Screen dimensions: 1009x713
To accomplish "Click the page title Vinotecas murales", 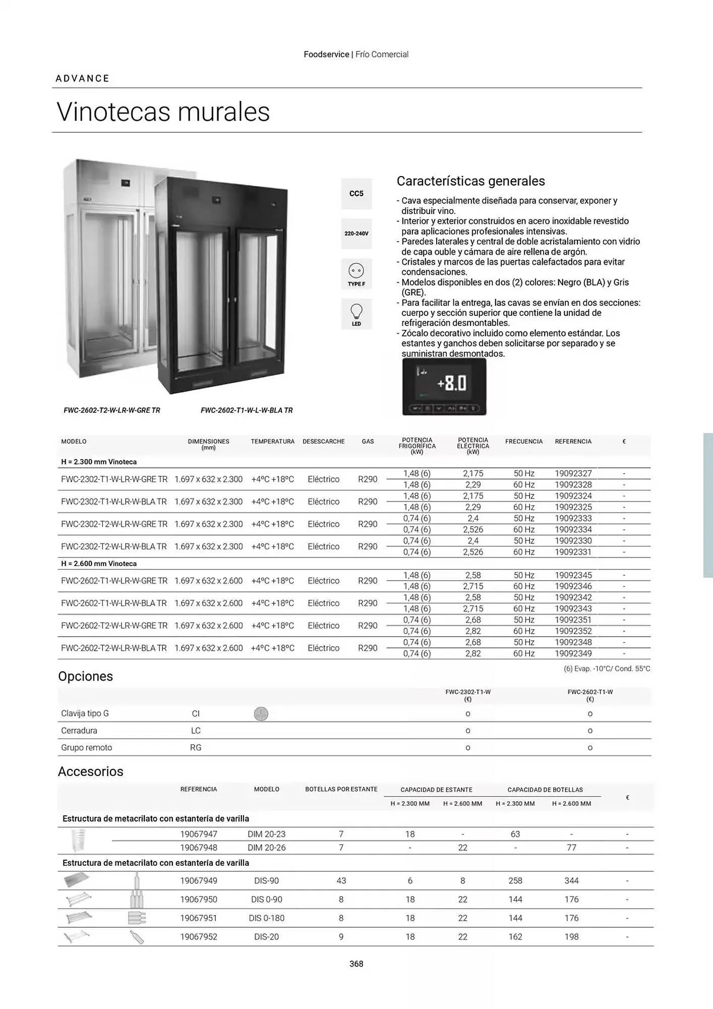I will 163,111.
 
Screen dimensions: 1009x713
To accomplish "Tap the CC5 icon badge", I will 356,194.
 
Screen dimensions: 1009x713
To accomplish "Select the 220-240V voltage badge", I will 356,234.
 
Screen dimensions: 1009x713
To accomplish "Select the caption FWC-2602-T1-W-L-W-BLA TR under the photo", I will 247,411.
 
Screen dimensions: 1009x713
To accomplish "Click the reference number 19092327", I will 573,473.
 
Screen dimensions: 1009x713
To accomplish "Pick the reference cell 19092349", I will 573,653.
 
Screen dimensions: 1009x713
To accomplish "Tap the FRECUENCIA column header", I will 524,441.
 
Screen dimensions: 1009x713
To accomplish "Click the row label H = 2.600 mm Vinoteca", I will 99,564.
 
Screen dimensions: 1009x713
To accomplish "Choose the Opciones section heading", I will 86,677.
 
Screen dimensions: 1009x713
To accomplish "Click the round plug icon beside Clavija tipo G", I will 261,714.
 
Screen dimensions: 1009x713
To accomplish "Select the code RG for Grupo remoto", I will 196,748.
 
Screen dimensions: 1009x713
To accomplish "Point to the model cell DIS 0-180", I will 267,918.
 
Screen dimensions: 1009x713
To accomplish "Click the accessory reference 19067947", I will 199,834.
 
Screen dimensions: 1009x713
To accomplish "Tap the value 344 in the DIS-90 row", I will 571,881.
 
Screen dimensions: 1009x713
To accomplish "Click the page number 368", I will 356,964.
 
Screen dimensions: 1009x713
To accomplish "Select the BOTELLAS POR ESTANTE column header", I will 341,790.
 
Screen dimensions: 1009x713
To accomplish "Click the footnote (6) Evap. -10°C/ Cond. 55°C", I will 607,669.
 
